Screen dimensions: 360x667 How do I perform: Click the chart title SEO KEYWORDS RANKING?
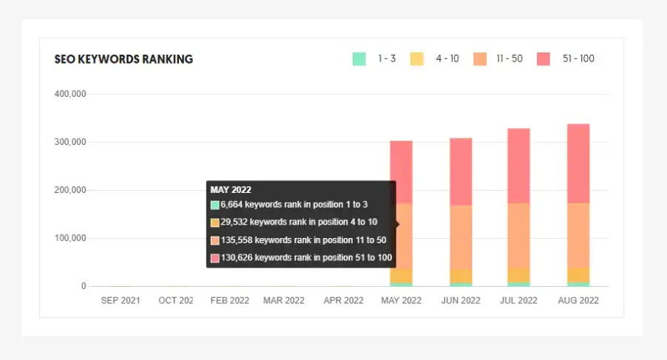(x=123, y=59)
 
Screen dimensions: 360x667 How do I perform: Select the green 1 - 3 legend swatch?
(x=359, y=59)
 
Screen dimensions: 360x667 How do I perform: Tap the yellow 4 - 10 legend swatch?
(x=417, y=59)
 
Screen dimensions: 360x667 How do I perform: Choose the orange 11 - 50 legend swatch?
(x=481, y=59)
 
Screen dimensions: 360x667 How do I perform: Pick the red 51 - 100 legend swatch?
(x=544, y=59)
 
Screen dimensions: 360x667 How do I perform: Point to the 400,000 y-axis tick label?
(x=70, y=94)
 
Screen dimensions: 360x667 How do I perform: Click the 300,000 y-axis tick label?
(x=70, y=142)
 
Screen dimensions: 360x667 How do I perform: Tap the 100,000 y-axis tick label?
(x=70, y=238)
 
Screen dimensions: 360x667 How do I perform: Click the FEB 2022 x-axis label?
(x=229, y=301)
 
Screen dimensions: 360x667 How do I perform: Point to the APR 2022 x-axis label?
(x=343, y=301)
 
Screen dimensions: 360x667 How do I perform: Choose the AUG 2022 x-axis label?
(x=578, y=301)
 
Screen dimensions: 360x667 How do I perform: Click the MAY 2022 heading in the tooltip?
(x=231, y=190)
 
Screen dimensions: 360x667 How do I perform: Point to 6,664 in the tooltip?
(x=232, y=205)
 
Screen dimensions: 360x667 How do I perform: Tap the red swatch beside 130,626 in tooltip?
(x=215, y=259)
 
